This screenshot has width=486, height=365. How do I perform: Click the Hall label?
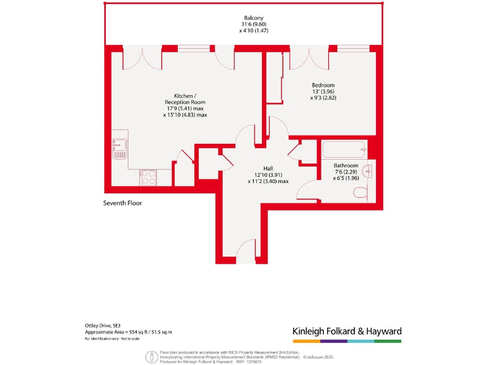point(268,168)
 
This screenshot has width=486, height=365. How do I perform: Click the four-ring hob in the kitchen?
point(148,177)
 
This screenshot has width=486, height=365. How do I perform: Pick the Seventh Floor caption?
point(123,203)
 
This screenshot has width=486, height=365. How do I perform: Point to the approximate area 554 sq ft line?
point(128,332)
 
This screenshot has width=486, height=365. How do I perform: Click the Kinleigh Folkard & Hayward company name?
point(347,331)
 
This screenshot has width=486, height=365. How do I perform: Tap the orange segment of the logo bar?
point(306,341)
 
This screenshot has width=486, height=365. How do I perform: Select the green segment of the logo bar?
point(388,341)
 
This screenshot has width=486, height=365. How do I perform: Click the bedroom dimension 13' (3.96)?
point(323,92)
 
